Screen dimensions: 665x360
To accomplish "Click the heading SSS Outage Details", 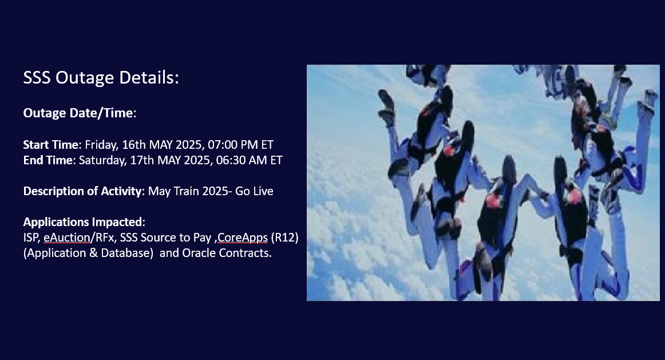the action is coord(101,78).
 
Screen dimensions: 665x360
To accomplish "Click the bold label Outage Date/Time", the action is coord(78,113).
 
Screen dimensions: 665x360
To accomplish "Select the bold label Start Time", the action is coord(51,145).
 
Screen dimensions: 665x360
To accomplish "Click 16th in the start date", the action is coord(133,145).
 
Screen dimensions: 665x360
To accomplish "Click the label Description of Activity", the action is coord(82,191).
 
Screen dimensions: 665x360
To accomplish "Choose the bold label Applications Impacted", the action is coord(84,222).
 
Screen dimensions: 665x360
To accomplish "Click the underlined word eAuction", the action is coord(66,238).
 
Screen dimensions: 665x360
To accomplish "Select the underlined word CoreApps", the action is coord(243,238).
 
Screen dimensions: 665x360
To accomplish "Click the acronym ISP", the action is coord(32,238).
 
